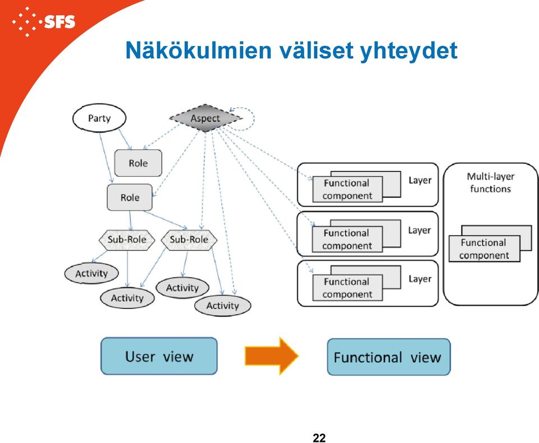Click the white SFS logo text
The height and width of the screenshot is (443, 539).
[60, 22]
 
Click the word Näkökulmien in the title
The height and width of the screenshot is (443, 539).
[199, 50]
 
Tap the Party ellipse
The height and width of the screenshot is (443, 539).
[99, 118]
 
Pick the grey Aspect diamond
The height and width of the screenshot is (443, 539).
[205, 118]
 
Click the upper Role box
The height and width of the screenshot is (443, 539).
[138, 163]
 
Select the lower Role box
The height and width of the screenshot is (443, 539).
[130, 197]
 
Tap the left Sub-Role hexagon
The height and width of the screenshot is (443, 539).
[127, 240]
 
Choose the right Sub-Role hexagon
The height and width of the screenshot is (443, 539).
[189, 240]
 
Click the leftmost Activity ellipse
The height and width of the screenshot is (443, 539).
[92, 273]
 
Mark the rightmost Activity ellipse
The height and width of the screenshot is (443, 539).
[223, 305]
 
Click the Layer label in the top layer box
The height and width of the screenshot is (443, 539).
[420, 180]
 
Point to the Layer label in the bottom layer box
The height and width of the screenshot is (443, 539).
[420, 279]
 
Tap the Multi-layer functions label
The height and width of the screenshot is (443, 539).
[491, 182]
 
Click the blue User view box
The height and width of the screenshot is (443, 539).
[159, 356]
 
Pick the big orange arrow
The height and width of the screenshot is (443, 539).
[272, 356]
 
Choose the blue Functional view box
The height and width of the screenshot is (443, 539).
[389, 357]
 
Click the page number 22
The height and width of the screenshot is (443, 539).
[319, 438]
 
